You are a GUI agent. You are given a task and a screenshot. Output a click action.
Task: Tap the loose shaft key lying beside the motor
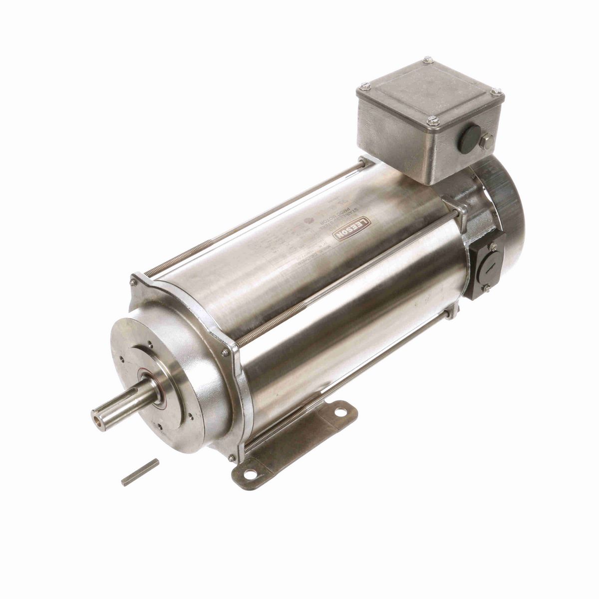coord(140,472)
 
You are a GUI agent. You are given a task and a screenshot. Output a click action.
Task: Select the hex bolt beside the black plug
coord(487,142)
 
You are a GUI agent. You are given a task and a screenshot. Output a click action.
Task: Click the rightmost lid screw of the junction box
coord(497,91)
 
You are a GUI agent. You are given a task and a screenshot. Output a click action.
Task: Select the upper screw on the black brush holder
coord(492,247)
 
